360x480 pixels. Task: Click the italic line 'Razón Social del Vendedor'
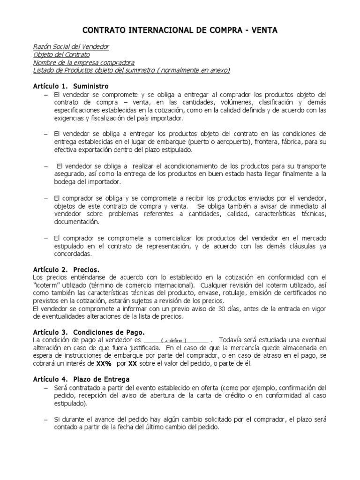[72, 47]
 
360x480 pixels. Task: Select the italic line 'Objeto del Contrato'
[62, 55]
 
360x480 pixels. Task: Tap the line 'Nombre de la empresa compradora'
[84, 63]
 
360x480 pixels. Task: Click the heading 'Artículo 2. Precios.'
[66, 270]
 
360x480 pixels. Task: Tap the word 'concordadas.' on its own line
[73, 254]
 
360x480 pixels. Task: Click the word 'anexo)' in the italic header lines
[219, 70]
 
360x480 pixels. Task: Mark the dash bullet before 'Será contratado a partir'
[45, 388]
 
